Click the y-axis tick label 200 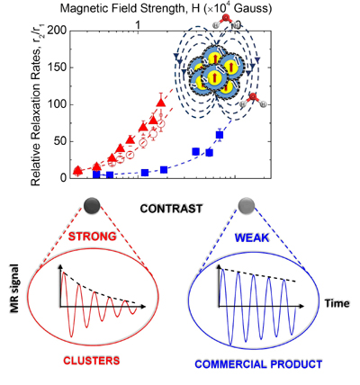[x=57, y=31]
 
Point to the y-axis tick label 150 [x=57, y=67]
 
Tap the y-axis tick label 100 [x=57, y=105]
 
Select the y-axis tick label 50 [x=60, y=142]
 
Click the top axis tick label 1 [x=138, y=25]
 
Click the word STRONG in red [x=92, y=237]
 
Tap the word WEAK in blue [x=252, y=237]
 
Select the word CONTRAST [x=171, y=209]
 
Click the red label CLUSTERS [x=92, y=361]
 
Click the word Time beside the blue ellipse [x=337, y=303]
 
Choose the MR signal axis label [x=14, y=289]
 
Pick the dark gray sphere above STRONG [x=92, y=206]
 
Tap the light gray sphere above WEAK [x=247, y=206]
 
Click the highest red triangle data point [x=161, y=103]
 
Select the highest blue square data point [x=220, y=135]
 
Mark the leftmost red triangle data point [x=78, y=170]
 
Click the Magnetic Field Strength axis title [x=166, y=9]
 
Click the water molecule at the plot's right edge [x=254, y=101]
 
